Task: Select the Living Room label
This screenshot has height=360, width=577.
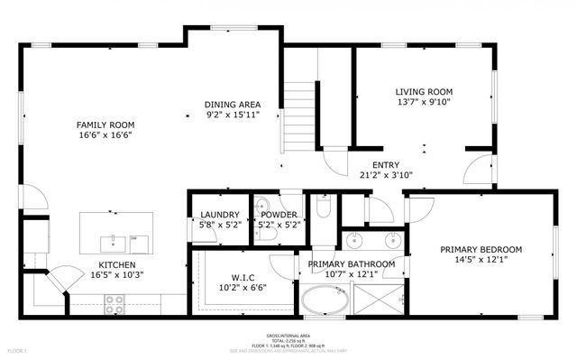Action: (x=424, y=92)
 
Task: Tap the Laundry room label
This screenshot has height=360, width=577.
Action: (x=219, y=215)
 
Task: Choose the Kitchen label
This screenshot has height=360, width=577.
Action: (x=117, y=264)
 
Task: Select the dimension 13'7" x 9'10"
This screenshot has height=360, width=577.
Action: (x=424, y=103)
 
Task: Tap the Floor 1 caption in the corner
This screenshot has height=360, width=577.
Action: (x=17, y=350)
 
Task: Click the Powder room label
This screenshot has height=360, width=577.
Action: (x=279, y=215)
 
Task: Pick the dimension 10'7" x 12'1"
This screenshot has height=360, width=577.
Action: (x=352, y=274)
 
